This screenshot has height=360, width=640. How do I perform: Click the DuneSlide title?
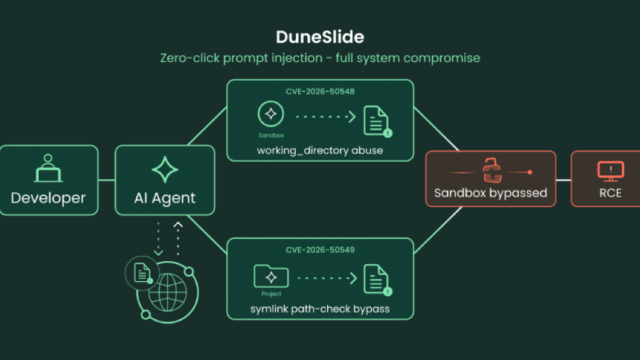[x=320, y=37]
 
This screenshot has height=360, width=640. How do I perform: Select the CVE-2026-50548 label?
[x=320, y=92]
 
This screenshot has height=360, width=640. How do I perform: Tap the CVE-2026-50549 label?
[x=320, y=250]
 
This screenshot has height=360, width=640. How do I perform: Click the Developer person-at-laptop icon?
[x=48, y=168]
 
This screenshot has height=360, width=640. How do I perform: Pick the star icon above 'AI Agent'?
[x=165, y=169]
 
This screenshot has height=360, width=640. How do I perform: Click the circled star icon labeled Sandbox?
[x=271, y=114]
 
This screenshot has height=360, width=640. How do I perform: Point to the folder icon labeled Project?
[x=271, y=276]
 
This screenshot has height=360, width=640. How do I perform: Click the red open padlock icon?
[x=492, y=170]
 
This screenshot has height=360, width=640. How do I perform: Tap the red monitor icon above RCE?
[x=611, y=171]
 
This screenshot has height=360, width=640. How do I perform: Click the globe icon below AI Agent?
[x=167, y=293]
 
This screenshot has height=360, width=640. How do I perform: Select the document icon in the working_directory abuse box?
[x=377, y=121]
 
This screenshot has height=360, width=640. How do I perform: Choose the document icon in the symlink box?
[x=377, y=280]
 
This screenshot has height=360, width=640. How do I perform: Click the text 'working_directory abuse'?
[x=320, y=151]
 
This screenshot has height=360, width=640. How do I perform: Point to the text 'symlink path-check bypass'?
[x=320, y=309]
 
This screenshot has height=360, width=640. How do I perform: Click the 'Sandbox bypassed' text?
[x=491, y=193]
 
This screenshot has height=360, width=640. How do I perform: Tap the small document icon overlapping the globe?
[x=142, y=273]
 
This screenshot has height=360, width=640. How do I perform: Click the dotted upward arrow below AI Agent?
[x=178, y=239]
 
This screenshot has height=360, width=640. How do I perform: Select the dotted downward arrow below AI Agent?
[x=158, y=239]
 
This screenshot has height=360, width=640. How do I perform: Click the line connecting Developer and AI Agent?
[x=107, y=180]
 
